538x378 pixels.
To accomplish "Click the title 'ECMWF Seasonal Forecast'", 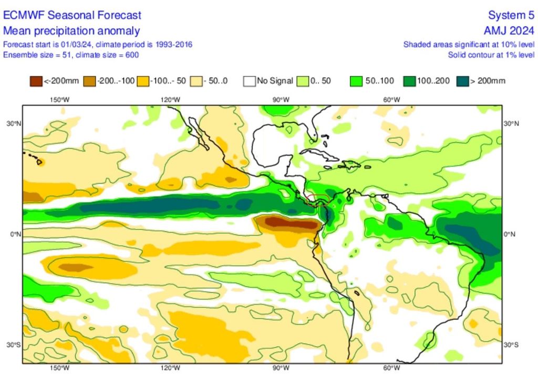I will (x=72, y=15).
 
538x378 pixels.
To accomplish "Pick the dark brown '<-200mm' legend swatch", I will (x=36, y=81).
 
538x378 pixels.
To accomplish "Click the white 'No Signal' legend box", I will (x=249, y=81).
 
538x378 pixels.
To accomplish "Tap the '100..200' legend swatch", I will (x=408, y=81).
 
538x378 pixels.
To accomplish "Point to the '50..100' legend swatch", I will (x=356, y=81).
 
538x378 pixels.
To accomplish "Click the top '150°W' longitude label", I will (x=59, y=100).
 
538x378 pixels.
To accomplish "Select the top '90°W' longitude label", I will (x=281, y=100).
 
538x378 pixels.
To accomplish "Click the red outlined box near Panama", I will (x=318, y=199).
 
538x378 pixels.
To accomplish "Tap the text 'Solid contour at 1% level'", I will (x=491, y=55).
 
